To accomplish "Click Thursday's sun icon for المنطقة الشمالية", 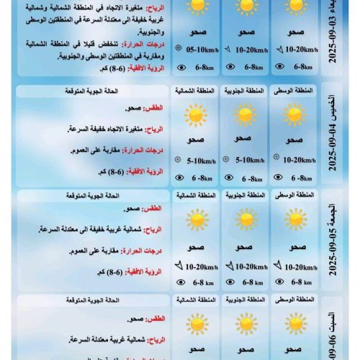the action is pos(194,115).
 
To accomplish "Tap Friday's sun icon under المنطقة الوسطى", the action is pos(294,220).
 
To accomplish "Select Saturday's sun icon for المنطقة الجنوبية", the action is pos(245,323).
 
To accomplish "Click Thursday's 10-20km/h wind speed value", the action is pos(297,161).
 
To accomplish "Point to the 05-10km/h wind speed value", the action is pos(200,51).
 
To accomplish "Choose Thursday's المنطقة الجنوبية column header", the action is pos(245,91).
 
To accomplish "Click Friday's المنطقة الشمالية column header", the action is pos(195,195).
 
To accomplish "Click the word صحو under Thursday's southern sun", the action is pos(245,138).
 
